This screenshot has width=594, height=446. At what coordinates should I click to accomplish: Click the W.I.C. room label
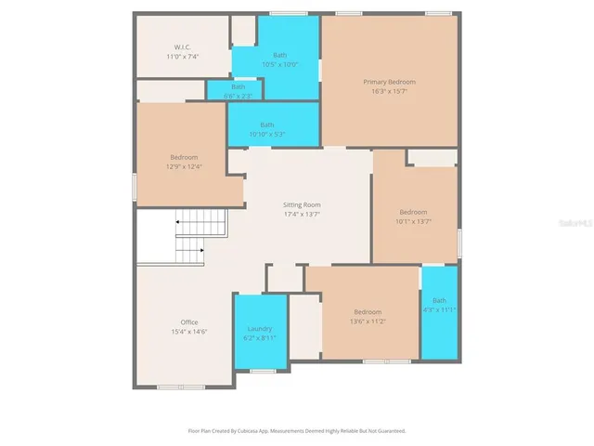coord(183,47)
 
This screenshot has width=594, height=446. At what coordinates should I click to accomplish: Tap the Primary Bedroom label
coord(389,82)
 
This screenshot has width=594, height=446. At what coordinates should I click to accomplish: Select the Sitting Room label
coord(302,204)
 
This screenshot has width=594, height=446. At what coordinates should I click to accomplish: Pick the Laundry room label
coord(260,329)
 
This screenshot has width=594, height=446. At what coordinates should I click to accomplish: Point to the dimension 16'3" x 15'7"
coord(389,91)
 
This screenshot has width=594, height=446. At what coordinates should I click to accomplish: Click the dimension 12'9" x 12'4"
coord(184,166)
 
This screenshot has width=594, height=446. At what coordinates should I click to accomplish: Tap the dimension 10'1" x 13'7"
coord(413,221)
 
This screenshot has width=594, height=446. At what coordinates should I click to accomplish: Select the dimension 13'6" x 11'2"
coord(368,321)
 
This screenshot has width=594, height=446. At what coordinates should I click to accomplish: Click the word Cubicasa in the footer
coord(265,431)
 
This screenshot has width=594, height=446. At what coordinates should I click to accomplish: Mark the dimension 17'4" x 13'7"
coord(302,214)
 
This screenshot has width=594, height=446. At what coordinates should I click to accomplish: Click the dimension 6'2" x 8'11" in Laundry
coord(260,338)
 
